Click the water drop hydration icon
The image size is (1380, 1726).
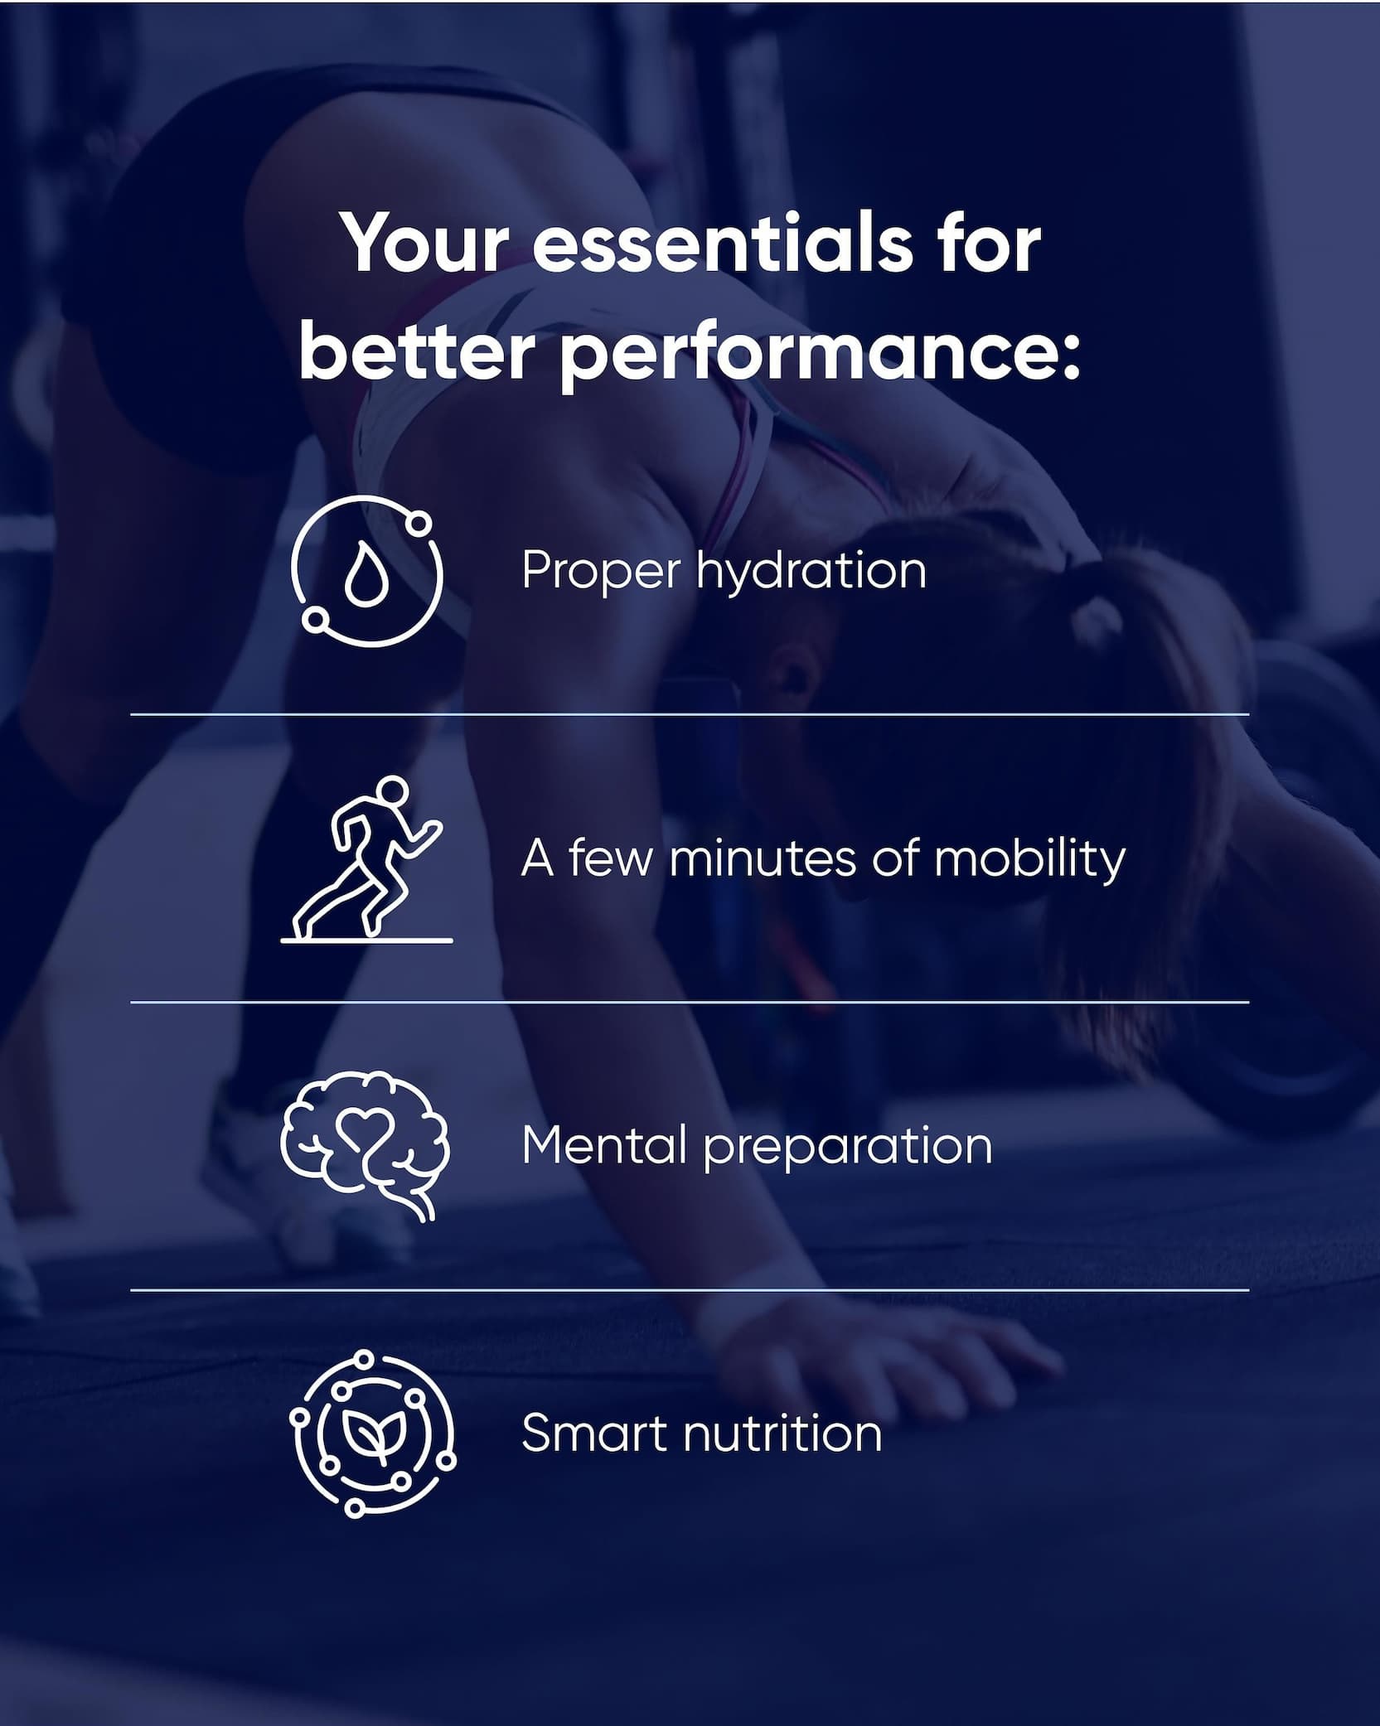367,571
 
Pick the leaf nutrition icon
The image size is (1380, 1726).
372,1433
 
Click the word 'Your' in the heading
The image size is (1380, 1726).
426,245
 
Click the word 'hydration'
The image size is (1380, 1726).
811,572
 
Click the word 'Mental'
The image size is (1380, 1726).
604,1146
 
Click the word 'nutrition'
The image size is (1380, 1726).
782,1433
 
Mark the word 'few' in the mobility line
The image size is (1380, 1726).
608,858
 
